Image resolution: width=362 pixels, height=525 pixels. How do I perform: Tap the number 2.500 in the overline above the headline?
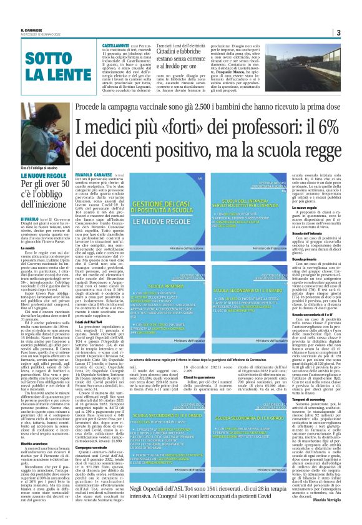202,91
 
